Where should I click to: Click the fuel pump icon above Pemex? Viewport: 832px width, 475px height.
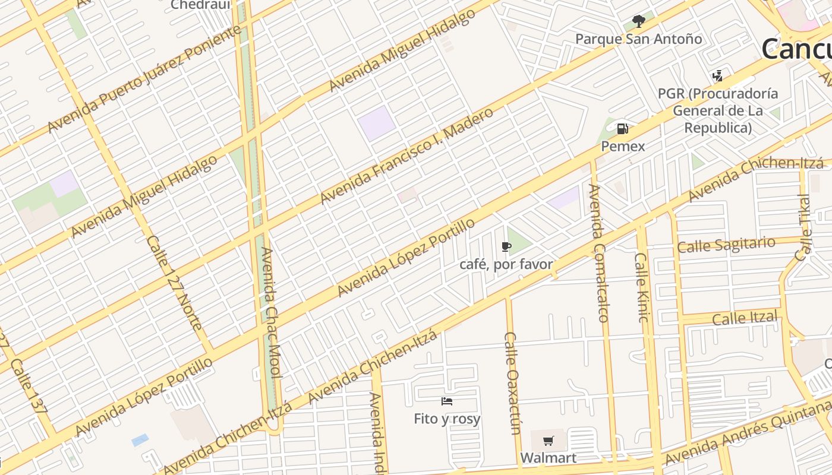622,128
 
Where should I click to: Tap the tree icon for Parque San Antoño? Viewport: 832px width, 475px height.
639,22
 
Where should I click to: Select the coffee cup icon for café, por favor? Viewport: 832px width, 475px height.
506,246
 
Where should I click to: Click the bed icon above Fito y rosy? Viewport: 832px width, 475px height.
447,401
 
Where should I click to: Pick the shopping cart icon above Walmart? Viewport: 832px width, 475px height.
548,441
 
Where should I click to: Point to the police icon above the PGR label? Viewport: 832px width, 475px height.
718,76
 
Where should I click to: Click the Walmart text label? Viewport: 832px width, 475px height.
548,458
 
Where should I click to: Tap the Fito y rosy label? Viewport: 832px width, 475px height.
447,419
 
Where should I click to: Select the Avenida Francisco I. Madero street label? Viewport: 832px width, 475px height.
407,156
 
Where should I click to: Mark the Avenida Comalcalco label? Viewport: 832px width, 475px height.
598,253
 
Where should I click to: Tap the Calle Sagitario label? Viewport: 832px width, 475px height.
726,245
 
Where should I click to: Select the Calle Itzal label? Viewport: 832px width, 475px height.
745,318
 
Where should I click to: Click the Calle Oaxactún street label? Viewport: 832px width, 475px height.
512,383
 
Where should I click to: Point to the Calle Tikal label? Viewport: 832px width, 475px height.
803,227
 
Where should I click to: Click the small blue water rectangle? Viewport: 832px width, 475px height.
140,440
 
